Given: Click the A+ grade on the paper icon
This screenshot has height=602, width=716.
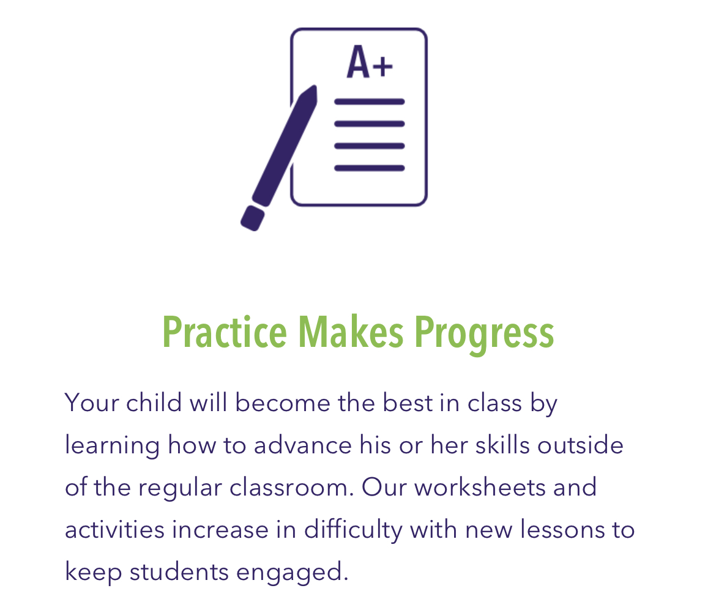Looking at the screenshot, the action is (370, 62).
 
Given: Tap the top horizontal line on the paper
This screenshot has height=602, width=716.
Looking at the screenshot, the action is (370, 102).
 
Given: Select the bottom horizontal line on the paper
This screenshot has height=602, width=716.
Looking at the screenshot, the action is (370, 168).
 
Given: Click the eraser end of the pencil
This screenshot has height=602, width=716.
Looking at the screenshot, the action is (253, 218).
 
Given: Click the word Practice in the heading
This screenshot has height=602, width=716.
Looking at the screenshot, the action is (225, 332).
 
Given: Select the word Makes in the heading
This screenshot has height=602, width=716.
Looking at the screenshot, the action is (351, 332).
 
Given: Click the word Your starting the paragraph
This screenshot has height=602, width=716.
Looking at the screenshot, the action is (92, 403).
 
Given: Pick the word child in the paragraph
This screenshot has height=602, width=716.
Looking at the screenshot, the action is (154, 402).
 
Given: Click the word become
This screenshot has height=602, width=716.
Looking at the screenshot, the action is (283, 402).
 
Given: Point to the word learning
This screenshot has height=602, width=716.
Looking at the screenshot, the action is (113, 445).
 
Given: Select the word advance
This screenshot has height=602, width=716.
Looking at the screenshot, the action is (303, 445).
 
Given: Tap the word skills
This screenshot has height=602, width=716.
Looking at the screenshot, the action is (502, 445).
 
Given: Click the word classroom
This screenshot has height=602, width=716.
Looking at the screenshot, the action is (292, 487).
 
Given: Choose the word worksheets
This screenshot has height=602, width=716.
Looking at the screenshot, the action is (480, 487).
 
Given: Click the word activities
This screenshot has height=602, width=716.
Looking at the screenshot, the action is (114, 529).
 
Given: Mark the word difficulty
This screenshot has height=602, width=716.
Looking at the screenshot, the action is (354, 530).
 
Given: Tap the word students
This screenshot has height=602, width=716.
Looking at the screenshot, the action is (179, 572).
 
